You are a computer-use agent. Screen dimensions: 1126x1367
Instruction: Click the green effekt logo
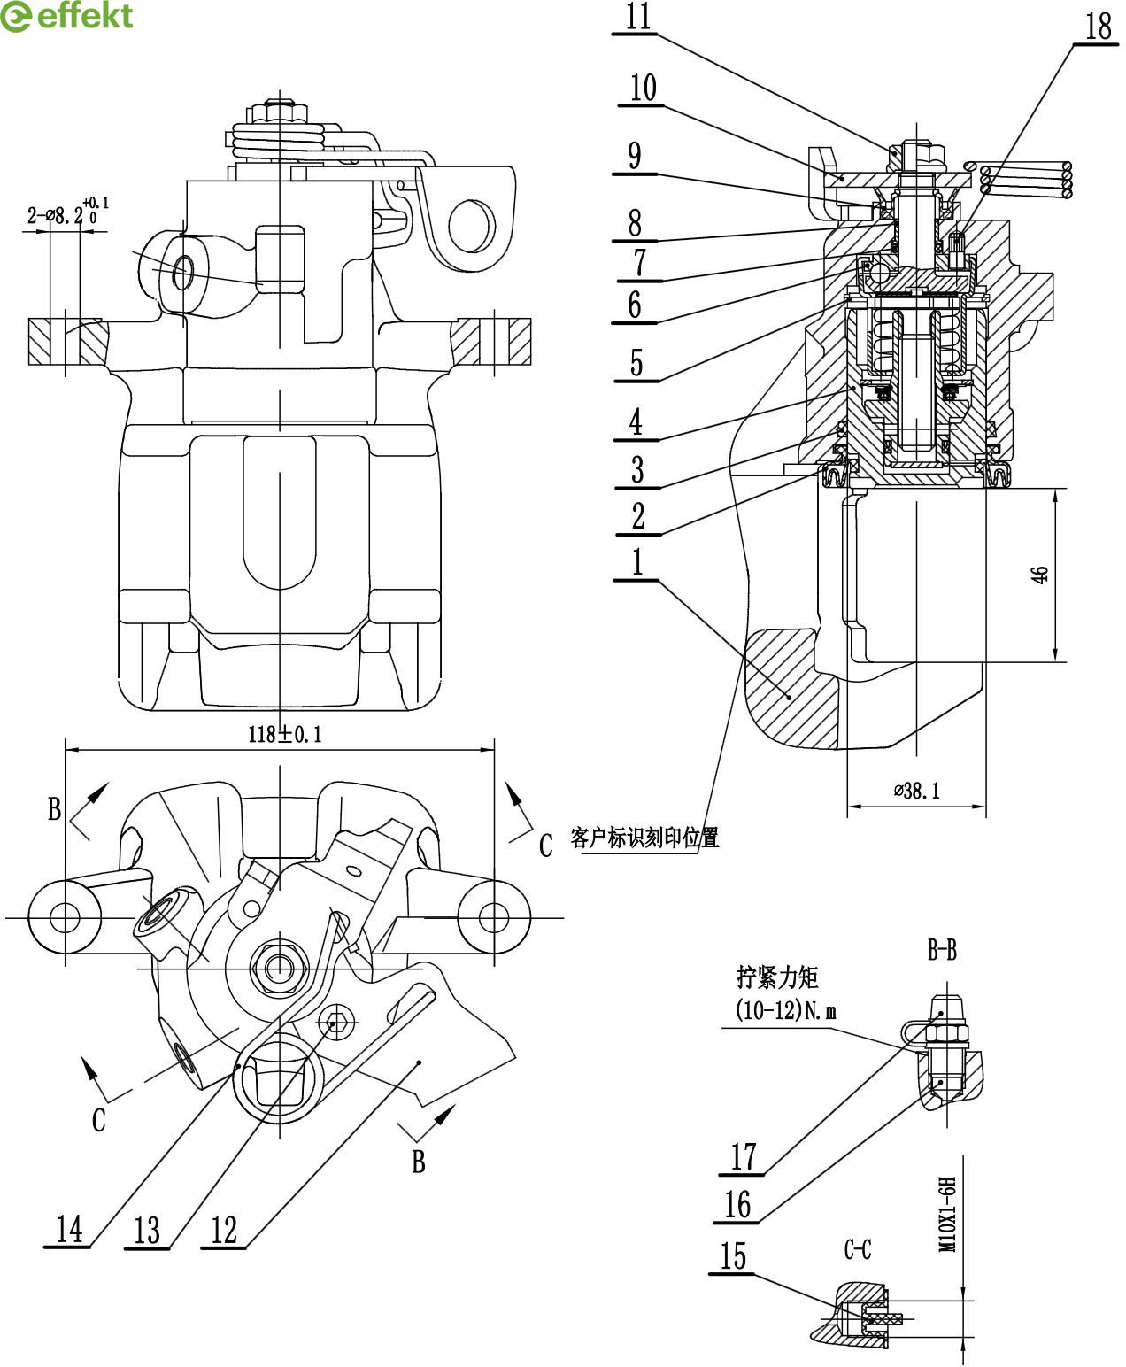point(66,16)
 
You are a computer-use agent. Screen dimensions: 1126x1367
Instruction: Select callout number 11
point(638,16)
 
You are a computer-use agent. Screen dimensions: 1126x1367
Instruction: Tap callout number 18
point(1099,27)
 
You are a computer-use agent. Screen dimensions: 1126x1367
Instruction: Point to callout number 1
point(637,561)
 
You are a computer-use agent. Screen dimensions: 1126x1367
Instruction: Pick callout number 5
point(636,362)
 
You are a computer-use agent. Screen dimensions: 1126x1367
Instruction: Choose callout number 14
point(69,1229)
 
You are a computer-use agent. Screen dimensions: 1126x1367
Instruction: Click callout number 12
point(224,1230)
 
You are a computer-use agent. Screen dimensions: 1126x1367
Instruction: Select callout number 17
point(743,1157)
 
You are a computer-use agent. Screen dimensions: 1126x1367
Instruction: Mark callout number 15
point(733,1255)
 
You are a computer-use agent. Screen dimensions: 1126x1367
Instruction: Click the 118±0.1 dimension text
point(285,735)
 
